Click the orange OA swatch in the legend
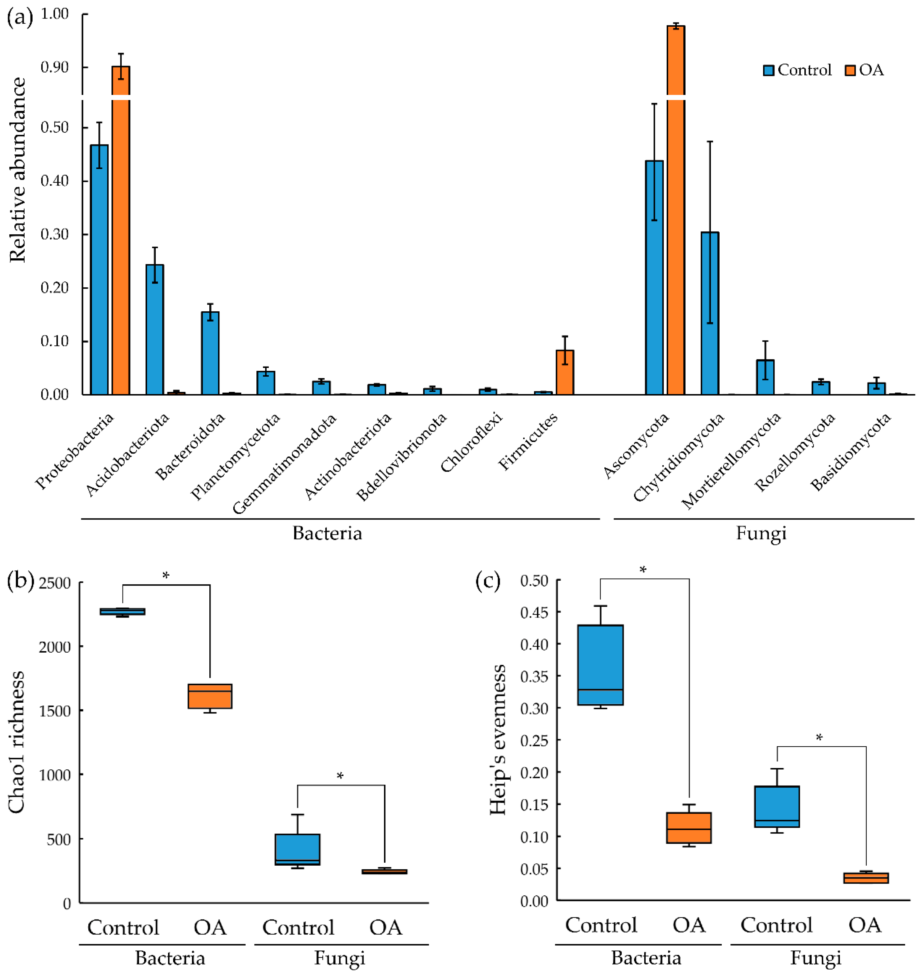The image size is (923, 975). coord(850,70)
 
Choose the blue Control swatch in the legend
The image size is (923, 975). coord(768,70)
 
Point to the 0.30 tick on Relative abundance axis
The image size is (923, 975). coord(54,234)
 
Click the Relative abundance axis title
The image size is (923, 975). coord(18,170)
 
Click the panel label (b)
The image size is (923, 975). coord(20,581)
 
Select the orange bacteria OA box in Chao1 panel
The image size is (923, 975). coord(210,696)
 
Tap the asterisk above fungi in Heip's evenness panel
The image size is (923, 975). coord(819,738)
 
